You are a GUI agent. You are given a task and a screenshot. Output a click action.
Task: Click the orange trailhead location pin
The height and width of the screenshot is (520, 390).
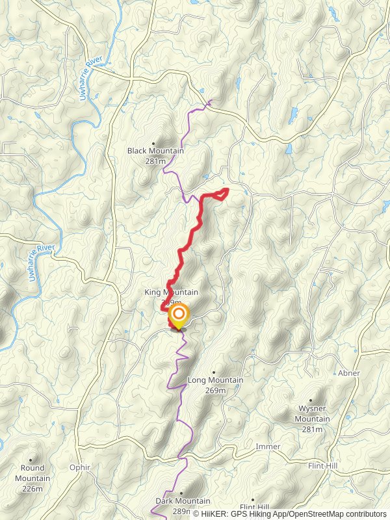click(x=178, y=317)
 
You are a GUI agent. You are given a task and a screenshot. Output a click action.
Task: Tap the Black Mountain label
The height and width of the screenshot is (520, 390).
click(x=155, y=151)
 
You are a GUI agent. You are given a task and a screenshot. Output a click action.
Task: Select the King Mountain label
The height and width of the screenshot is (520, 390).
click(x=172, y=292)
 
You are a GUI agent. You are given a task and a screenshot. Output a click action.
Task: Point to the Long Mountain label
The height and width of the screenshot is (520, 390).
click(x=215, y=380)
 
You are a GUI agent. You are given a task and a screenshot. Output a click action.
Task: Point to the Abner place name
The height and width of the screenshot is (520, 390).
click(x=348, y=373)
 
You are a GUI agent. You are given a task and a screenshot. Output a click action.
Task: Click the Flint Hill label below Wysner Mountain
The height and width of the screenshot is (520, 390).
click(x=322, y=465)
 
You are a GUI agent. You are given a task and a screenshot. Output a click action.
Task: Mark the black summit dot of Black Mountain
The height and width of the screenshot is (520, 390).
click(x=154, y=143)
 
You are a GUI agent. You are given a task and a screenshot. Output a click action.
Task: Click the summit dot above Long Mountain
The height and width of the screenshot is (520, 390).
click(x=213, y=372)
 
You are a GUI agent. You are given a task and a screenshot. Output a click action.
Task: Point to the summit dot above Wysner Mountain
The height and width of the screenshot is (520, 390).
click(x=310, y=401)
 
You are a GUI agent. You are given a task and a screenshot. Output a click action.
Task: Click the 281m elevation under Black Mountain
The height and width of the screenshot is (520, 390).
click(x=156, y=161)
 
